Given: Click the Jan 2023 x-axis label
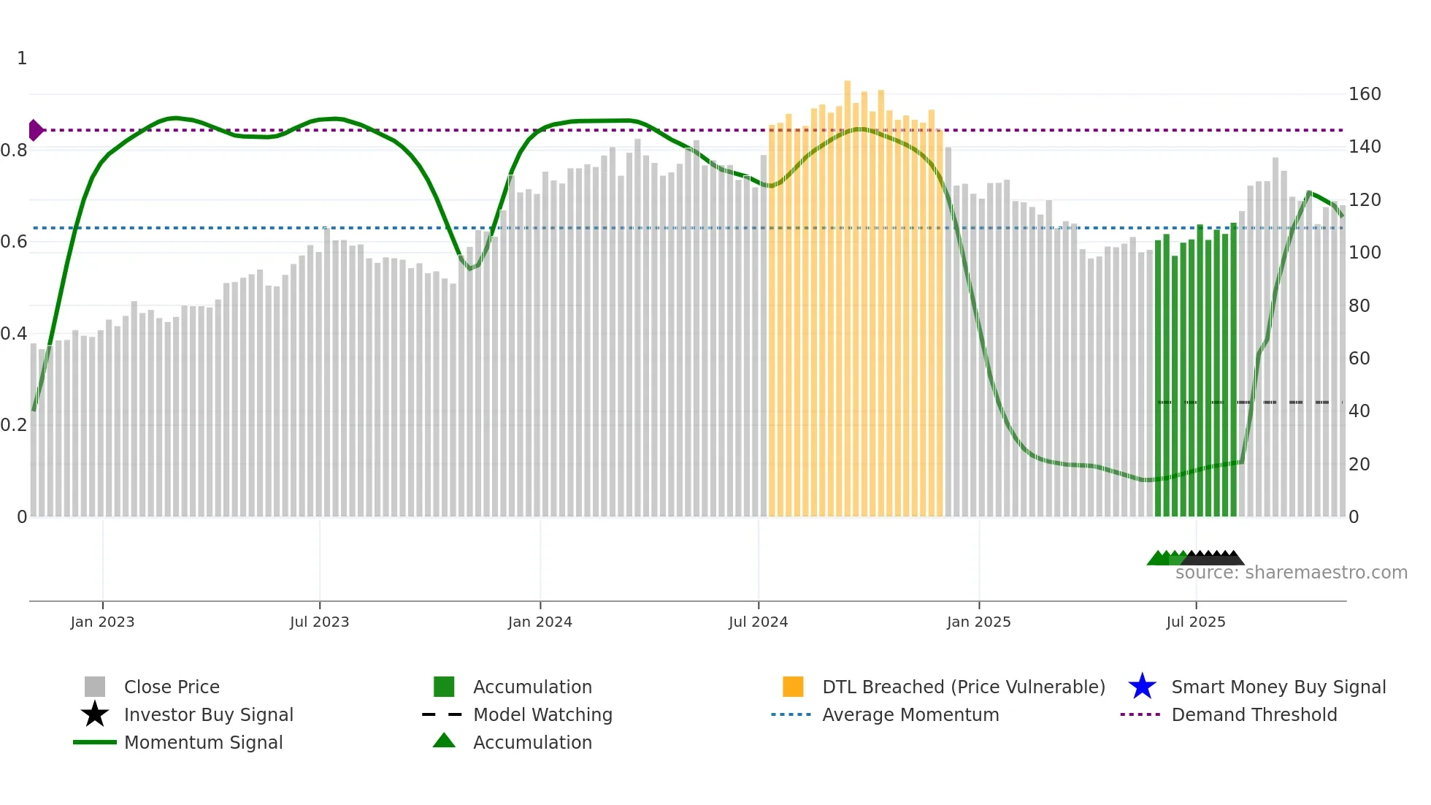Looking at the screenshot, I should point(102,622).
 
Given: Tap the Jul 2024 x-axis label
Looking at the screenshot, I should point(758,622).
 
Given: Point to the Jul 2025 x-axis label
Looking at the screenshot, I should point(1195,622).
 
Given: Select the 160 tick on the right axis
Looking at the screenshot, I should point(1364,94).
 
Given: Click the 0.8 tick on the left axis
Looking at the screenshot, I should point(14,150).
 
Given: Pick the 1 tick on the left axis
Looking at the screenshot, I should point(22,58).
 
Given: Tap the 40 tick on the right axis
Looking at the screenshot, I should point(1359,411).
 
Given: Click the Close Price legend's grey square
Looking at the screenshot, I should point(95,687).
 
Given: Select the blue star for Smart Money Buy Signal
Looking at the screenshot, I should point(1142,687).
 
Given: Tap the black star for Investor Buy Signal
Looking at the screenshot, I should point(95,714).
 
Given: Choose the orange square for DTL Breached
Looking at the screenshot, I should point(793,687).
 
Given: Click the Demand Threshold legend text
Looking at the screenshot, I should point(1254,714).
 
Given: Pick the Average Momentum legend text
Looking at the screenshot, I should point(910,714).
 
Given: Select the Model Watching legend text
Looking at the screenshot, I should point(542,714).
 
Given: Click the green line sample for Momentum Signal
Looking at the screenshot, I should point(95,742).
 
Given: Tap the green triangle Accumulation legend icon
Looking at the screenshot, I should point(444,741).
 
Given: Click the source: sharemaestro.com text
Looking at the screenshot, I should point(1291,573).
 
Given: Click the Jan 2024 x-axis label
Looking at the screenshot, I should point(540,622).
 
